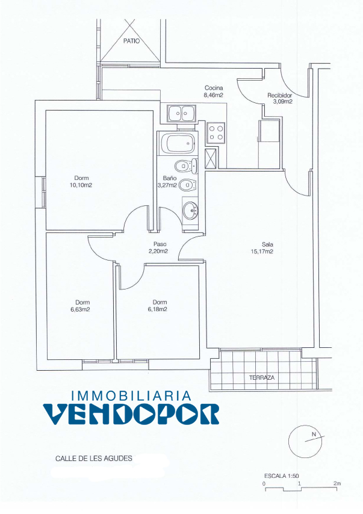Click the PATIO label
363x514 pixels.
[131, 42]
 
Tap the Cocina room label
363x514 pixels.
[214, 88]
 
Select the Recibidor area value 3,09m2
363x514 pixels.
[283, 102]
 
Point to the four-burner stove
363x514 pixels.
[216, 133]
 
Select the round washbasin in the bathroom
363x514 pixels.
[190, 211]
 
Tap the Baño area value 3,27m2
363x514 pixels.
[167, 185]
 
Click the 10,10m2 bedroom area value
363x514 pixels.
[81, 185]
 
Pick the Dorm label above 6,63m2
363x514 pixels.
[82, 302]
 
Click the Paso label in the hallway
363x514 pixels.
[160, 244]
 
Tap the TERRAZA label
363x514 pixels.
[262, 377]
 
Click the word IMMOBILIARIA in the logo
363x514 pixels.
[131, 395]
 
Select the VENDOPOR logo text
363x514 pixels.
[131, 413]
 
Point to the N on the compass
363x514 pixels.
[314, 435]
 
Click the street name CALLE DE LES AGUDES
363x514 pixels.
[94, 458]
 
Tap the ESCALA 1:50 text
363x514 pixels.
[281, 476]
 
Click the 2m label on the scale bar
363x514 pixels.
[337, 483]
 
